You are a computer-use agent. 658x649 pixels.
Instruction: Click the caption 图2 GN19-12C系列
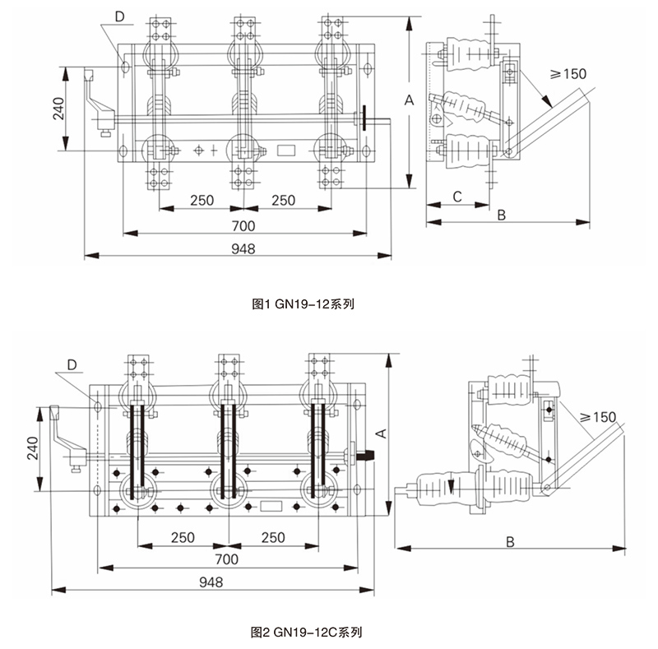(x=306, y=633)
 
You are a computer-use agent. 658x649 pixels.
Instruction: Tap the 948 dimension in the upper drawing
(x=243, y=248)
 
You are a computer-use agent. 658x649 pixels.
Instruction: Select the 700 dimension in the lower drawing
(x=226, y=559)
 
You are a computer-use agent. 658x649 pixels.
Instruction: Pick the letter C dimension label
(x=457, y=197)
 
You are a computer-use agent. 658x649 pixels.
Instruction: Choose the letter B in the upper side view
(x=502, y=215)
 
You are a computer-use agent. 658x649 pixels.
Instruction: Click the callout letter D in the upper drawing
(x=119, y=16)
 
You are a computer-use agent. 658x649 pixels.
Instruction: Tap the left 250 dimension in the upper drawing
(x=202, y=200)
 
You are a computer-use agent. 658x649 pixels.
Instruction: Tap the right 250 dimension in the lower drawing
(x=272, y=537)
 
